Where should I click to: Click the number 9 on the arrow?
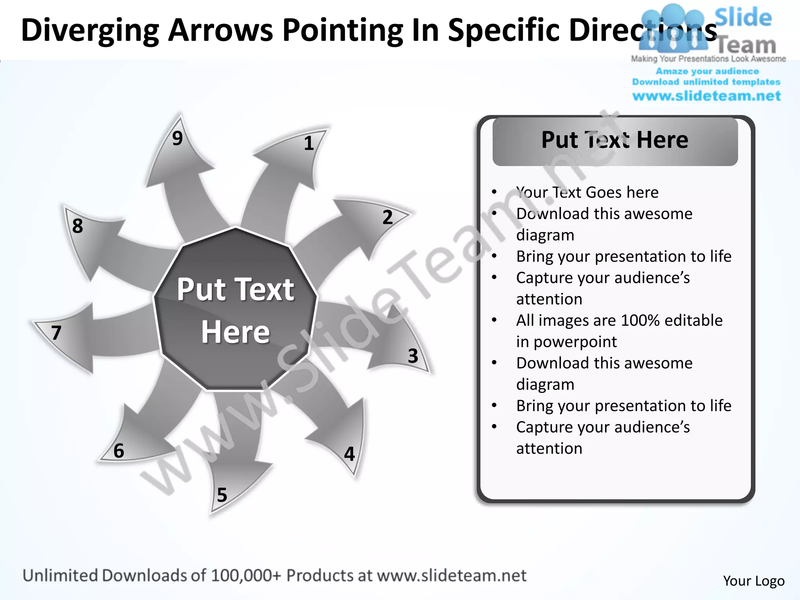pos(177,138)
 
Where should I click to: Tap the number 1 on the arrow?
pos(309,143)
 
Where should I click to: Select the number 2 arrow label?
pos(387,217)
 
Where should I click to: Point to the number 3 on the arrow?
pos(413,356)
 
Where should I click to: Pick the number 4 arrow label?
pos(349,454)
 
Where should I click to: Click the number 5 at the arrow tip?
pos(222,495)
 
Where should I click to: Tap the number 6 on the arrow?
pos(119,451)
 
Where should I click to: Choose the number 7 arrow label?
pos(56,333)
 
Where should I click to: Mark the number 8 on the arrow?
pos(77,226)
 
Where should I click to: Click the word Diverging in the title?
pos(90,30)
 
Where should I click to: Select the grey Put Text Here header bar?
pos(615,141)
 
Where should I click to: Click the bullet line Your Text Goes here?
pos(587,193)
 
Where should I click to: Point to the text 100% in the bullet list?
pos(640,320)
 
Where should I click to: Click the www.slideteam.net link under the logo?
pos(706,96)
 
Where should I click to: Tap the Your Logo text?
pos(754,581)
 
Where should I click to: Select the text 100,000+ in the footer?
pos(246,576)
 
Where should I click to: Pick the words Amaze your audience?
pos(707,71)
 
